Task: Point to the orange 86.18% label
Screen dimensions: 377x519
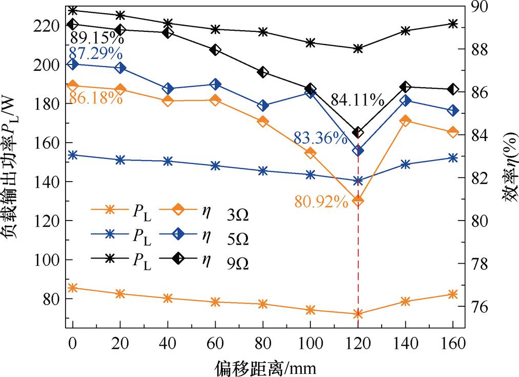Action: pyautogui.click(x=95, y=98)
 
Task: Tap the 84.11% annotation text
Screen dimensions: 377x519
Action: pyautogui.click(x=357, y=100)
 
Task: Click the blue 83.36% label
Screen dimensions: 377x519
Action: pyautogui.click(x=320, y=138)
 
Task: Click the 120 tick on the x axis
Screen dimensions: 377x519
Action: pyautogui.click(x=358, y=342)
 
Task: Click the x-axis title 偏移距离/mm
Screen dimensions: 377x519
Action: pyautogui.click(x=265, y=367)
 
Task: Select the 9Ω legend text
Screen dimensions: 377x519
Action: pyautogui.click(x=238, y=265)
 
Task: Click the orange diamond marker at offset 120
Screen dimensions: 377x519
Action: pyautogui.click(x=358, y=201)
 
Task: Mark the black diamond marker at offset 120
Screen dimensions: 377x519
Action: pyautogui.click(x=358, y=133)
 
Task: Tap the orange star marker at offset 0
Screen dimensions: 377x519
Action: pyautogui.click(x=73, y=288)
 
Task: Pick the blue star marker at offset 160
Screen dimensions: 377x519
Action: pyautogui.click(x=453, y=157)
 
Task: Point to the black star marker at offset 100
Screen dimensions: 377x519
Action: pyautogui.click(x=310, y=43)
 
